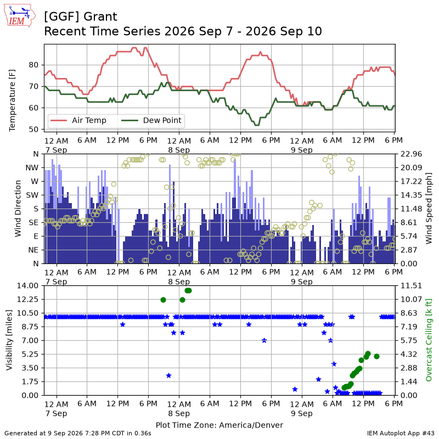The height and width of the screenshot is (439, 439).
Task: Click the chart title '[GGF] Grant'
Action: click(x=80, y=16)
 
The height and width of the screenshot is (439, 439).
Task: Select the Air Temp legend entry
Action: click(x=78, y=120)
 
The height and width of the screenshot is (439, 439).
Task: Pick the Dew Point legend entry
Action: click(x=151, y=120)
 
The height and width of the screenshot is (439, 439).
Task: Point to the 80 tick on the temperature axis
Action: click(x=33, y=65)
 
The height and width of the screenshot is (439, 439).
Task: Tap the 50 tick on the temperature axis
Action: click(x=33, y=130)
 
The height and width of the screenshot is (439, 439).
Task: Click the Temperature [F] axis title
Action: click(x=12, y=100)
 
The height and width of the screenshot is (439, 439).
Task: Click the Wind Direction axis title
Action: click(x=18, y=209)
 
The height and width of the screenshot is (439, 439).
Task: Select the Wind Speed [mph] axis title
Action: click(x=429, y=209)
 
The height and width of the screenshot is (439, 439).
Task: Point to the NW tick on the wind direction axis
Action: click(x=32, y=168)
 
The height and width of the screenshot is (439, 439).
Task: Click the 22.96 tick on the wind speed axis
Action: click(x=411, y=154)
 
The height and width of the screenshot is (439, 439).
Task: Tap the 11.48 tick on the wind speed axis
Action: click(x=411, y=209)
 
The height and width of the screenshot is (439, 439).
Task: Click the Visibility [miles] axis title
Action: click(x=9, y=340)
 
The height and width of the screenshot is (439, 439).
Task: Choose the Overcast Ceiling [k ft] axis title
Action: click(x=429, y=340)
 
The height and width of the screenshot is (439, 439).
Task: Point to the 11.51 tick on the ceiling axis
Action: click(x=411, y=285)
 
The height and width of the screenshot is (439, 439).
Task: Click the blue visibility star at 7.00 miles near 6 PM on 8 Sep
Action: click(x=264, y=340)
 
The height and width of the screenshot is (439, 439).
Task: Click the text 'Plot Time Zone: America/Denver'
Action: click(x=219, y=425)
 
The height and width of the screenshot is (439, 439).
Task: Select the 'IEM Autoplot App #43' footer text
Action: click(x=401, y=434)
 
